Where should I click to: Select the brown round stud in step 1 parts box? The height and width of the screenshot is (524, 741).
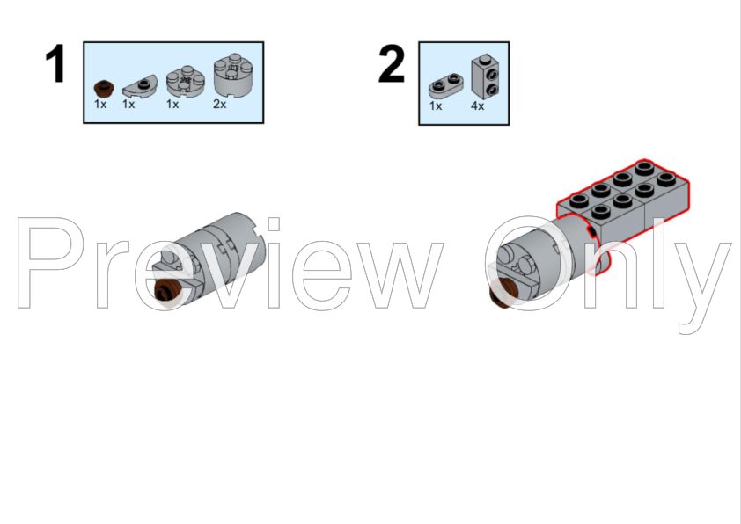(104, 88)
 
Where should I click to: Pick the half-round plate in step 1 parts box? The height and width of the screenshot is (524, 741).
(137, 88)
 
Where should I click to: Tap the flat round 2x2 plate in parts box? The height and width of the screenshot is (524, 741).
(185, 82)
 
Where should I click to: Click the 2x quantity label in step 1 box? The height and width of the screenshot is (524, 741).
(219, 104)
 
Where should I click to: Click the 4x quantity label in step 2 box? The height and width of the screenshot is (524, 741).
(477, 106)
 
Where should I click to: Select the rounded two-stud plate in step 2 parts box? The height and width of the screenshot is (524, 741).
(445, 86)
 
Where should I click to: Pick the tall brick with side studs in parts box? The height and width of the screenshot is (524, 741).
(485, 76)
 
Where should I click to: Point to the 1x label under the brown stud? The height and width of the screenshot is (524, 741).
(100, 104)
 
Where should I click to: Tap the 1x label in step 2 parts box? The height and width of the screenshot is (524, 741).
(436, 106)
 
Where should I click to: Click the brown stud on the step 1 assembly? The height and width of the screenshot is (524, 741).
(168, 290)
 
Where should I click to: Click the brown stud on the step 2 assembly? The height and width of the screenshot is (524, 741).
(502, 292)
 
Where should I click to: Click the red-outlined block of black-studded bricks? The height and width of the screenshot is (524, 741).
(623, 207)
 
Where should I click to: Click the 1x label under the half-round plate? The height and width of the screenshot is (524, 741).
(128, 104)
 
